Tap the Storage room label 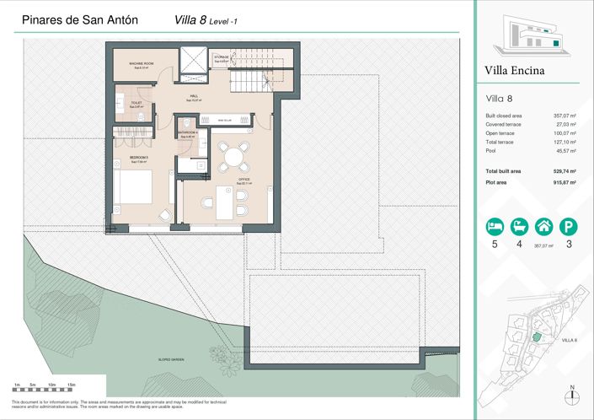coord(222,58)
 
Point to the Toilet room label coord(136,104)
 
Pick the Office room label coord(244,180)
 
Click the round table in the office coord(232,153)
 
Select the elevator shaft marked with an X coord(194,60)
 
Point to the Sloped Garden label coord(171,359)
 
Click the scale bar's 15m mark coord(71,385)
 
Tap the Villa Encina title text coord(515,70)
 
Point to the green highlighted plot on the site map coord(535,337)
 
